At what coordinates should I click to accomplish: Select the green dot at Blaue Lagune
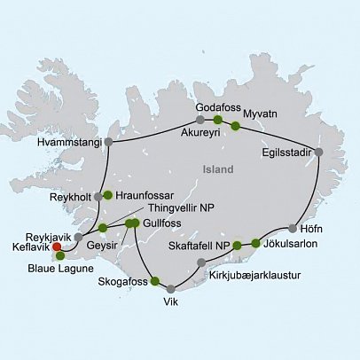click(x=60, y=256)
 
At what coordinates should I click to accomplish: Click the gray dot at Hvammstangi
click(x=108, y=141)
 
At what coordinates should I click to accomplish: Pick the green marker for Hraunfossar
click(x=107, y=194)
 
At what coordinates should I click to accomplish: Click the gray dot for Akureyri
click(x=200, y=119)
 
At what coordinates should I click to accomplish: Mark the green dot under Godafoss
click(x=217, y=119)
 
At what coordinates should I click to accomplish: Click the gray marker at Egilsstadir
click(x=318, y=152)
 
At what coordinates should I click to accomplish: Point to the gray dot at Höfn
click(x=293, y=227)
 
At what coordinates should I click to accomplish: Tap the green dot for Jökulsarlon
click(x=256, y=242)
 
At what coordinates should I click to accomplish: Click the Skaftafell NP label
click(x=196, y=244)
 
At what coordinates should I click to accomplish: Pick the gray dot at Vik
click(x=170, y=288)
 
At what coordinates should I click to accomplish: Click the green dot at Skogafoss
click(x=156, y=282)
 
